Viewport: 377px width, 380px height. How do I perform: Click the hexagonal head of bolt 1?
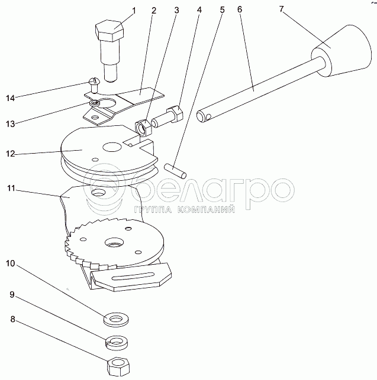tap(109, 31)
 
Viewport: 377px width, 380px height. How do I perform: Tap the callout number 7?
tap(281, 9)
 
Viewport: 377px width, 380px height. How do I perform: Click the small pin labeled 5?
tap(175, 171)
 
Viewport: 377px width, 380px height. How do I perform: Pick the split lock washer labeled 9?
tap(117, 342)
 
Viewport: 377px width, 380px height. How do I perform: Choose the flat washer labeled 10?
tap(116, 320)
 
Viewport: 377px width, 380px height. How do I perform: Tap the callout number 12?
tap(11, 154)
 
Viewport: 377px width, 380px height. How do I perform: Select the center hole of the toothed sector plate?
tap(114, 242)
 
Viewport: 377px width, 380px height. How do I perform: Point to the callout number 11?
tap(11, 188)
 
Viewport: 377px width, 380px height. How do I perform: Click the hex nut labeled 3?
tap(144, 127)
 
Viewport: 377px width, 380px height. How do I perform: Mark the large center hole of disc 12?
tap(112, 147)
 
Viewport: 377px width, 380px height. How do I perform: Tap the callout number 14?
tap(11, 98)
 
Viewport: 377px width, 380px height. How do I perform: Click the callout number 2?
tap(154, 11)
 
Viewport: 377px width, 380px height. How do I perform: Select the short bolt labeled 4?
tap(167, 117)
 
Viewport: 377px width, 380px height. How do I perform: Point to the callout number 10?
tap(11, 263)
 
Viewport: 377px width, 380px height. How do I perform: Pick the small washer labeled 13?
tap(95, 103)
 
